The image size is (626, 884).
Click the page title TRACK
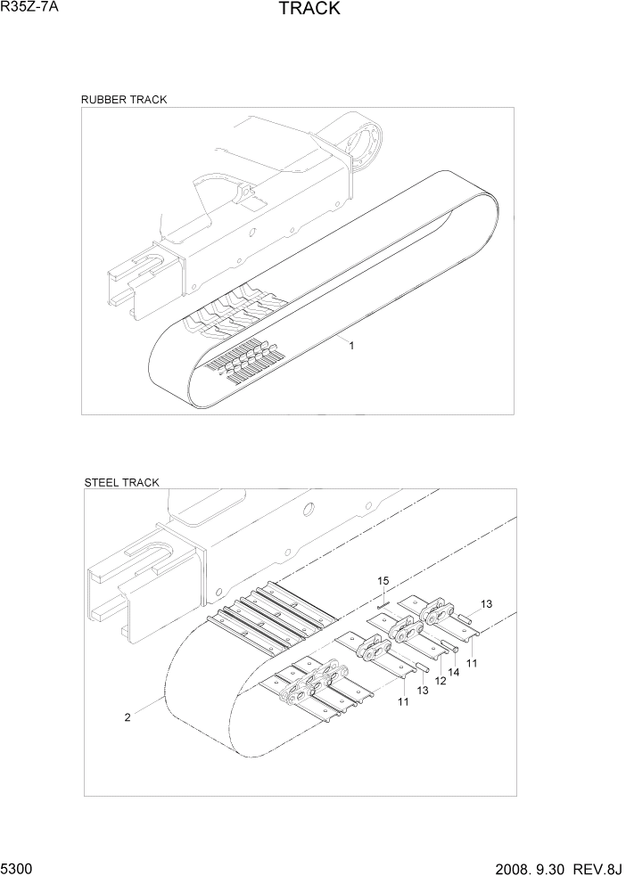point(309,10)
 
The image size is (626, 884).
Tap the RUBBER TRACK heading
point(124,100)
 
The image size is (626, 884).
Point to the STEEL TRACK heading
point(121,482)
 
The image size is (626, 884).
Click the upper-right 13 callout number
point(486,604)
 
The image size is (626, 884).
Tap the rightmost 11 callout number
point(472,663)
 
